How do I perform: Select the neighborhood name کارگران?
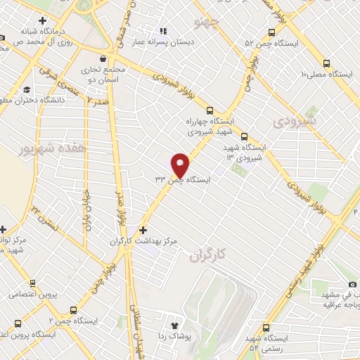tap(209, 257)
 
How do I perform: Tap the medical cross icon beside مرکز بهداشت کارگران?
tap(143, 230)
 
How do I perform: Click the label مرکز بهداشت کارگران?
tap(143, 241)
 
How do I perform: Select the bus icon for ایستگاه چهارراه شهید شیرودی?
tap(209, 110)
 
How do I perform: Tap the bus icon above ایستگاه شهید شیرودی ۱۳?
tap(244, 136)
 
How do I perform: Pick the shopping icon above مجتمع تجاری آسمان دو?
tap(104, 59)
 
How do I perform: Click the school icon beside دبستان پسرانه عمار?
tap(164, 31)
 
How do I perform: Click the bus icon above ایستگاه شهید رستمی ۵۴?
tap(266, 328)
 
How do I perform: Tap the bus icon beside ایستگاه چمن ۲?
tap(73, 309)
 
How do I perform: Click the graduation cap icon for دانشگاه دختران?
tap(26, 89)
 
